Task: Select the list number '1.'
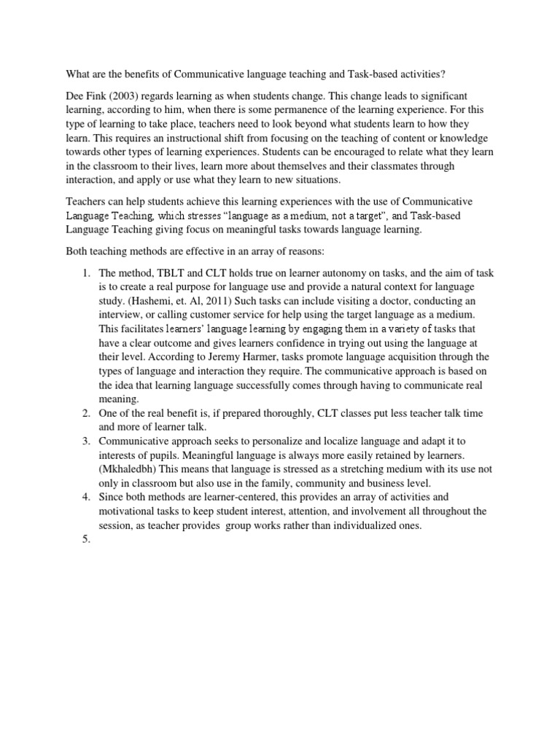85,273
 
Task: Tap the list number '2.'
85,413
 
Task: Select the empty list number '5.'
85,539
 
